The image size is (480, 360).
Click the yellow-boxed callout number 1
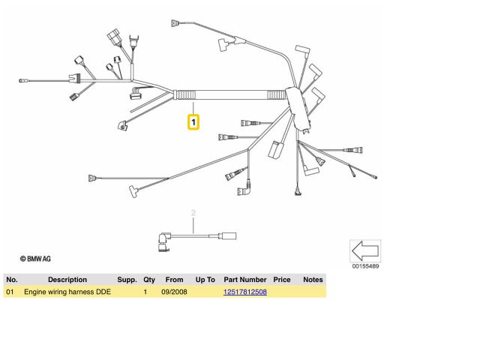[x=193, y=121]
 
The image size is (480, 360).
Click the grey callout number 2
[x=193, y=214]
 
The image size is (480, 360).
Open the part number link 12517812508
[x=245, y=291]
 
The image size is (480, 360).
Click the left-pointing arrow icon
[x=365, y=250]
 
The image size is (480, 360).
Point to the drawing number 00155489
[x=365, y=266]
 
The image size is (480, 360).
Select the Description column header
[x=67, y=280]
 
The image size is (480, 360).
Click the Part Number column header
[x=245, y=280]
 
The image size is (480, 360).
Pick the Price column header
[x=282, y=280]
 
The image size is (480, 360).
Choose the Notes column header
[x=313, y=280]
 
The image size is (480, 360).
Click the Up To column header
[x=205, y=280]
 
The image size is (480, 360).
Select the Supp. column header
[x=127, y=280]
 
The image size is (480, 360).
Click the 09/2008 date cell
[x=174, y=291]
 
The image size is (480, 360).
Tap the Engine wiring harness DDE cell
[x=67, y=291]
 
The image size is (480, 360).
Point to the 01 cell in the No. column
[x=10, y=291]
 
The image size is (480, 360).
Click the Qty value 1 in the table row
[x=145, y=291]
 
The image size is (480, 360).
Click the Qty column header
[x=149, y=280]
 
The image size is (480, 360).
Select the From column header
[x=174, y=280]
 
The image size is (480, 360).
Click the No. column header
[x=11, y=280]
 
